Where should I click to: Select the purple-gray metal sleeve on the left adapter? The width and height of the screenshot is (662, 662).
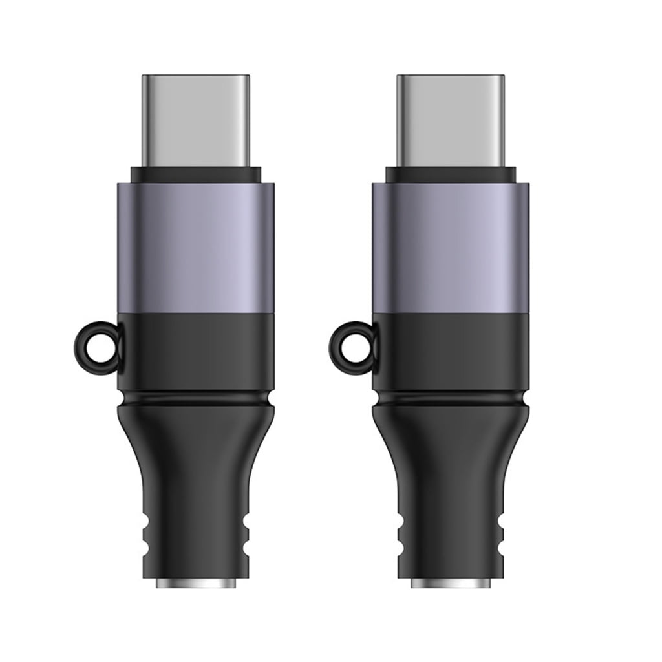click(195, 249)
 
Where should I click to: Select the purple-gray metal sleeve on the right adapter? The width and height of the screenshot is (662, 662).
click(450, 249)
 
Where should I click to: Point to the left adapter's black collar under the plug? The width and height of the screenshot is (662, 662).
click(195, 175)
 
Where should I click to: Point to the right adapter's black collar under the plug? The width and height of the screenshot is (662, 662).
click(450, 175)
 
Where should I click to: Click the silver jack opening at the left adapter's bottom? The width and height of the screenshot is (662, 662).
click(195, 583)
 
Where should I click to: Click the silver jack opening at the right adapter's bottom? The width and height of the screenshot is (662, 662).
click(450, 583)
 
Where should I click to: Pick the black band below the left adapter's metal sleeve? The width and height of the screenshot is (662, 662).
click(195, 352)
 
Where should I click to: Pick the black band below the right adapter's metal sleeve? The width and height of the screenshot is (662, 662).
click(450, 352)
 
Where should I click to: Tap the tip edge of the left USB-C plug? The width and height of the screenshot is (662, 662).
click(195, 77)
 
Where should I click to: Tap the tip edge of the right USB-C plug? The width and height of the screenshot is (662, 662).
click(450, 77)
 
